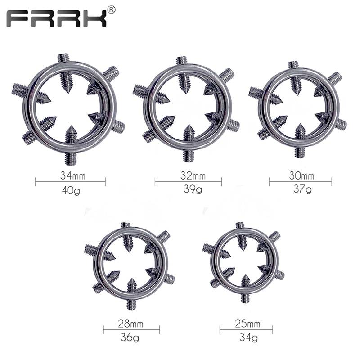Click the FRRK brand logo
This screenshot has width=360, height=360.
point(56,18)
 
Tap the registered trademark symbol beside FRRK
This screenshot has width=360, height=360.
point(111,10)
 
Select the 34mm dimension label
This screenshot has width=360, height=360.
point(73,176)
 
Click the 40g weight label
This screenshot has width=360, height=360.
point(71,190)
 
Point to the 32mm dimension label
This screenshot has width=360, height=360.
point(193,175)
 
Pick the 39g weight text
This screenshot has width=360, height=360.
point(193,189)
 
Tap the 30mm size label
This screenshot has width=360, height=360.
point(301,175)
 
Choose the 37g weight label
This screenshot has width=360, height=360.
point(302,189)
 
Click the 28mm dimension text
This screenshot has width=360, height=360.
point(130,324)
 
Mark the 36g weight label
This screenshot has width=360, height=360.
point(130,337)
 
